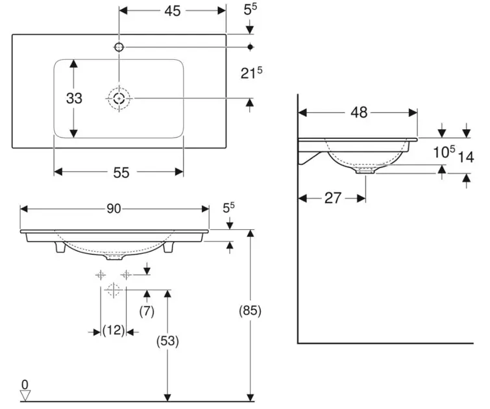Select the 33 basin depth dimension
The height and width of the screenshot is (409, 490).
point(74,98)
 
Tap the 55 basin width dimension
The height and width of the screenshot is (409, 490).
point(121,172)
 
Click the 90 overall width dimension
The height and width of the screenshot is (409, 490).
point(114,209)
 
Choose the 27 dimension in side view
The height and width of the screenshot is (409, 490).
point(332,198)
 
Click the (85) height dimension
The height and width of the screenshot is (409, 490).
point(251,311)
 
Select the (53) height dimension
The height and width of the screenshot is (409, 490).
point(168,340)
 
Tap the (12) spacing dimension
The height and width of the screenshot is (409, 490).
point(114,331)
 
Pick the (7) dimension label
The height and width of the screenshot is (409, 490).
point(147,311)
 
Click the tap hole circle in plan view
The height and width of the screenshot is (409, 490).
point(119,47)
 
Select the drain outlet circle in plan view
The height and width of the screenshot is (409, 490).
point(119,98)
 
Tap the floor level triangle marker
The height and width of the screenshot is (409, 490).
point(25,394)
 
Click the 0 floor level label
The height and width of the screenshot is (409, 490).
point(25,383)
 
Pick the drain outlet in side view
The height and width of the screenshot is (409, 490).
point(365,172)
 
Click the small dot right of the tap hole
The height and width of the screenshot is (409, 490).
point(251,47)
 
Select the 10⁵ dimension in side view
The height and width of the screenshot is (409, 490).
point(443,153)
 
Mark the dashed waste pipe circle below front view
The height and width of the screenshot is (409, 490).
point(113,290)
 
